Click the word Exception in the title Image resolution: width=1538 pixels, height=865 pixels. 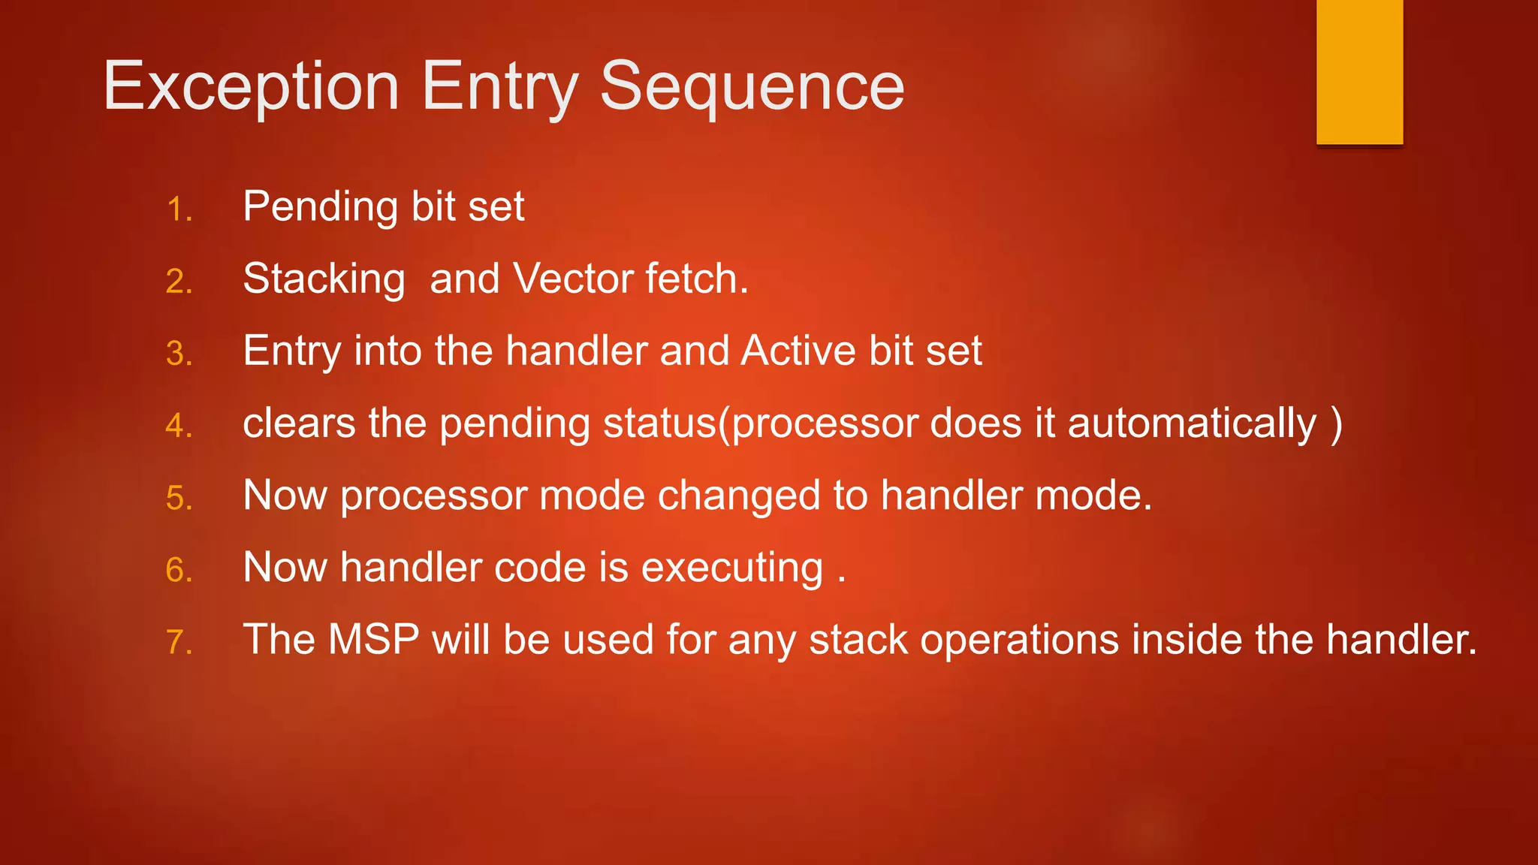[251, 88]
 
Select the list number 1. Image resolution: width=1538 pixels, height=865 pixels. [179, 210]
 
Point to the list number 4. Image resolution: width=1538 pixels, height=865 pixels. [179, 426]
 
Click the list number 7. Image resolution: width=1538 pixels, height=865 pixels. [179, 643]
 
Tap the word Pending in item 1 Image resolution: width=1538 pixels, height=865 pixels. [320, 207]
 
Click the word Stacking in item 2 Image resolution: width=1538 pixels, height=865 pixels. [324, 279]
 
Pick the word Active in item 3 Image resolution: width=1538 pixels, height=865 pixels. [798, 351]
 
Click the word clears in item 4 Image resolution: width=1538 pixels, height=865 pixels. [299, 423]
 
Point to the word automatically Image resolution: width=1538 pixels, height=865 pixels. [1192, 423]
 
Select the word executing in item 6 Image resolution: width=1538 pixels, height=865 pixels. [732, 568]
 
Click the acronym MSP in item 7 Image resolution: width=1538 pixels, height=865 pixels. [373, 640]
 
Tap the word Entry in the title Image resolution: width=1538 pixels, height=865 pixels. [500, 88]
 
